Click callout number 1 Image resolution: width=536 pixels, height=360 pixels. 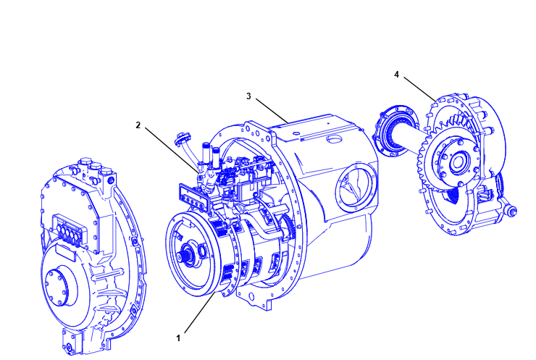[x=178, y=337]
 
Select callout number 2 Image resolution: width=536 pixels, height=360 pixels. [x=138, y=125]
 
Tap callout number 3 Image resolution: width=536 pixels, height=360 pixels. [x=248, y=96]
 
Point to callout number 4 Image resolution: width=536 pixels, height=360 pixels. [x=397, y=74]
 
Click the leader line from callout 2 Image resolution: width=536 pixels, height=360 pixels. [x=169, y=148]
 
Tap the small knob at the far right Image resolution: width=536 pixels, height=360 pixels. [x=514, y=211]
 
